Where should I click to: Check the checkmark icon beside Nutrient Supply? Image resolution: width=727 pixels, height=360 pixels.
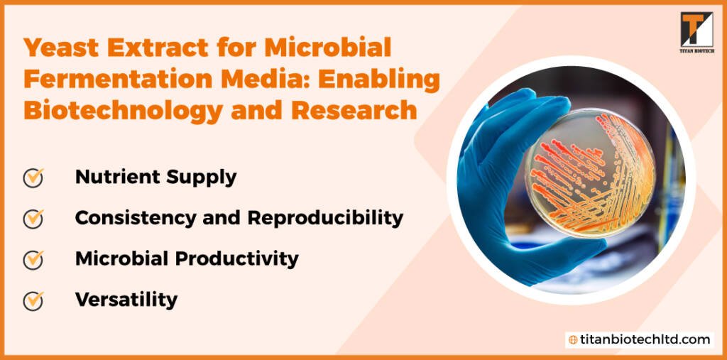[33, 178]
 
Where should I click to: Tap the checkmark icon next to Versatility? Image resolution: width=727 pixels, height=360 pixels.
[33, 300]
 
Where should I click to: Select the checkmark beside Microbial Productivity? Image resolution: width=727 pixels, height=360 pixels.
[33, 260]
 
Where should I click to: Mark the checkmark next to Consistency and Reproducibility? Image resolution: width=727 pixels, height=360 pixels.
[33, 219]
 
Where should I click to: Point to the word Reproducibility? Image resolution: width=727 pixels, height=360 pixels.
[325, 219]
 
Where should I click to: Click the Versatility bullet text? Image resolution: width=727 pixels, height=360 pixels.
[126, 300]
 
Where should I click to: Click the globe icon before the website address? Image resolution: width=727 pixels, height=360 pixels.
[573, 340]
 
